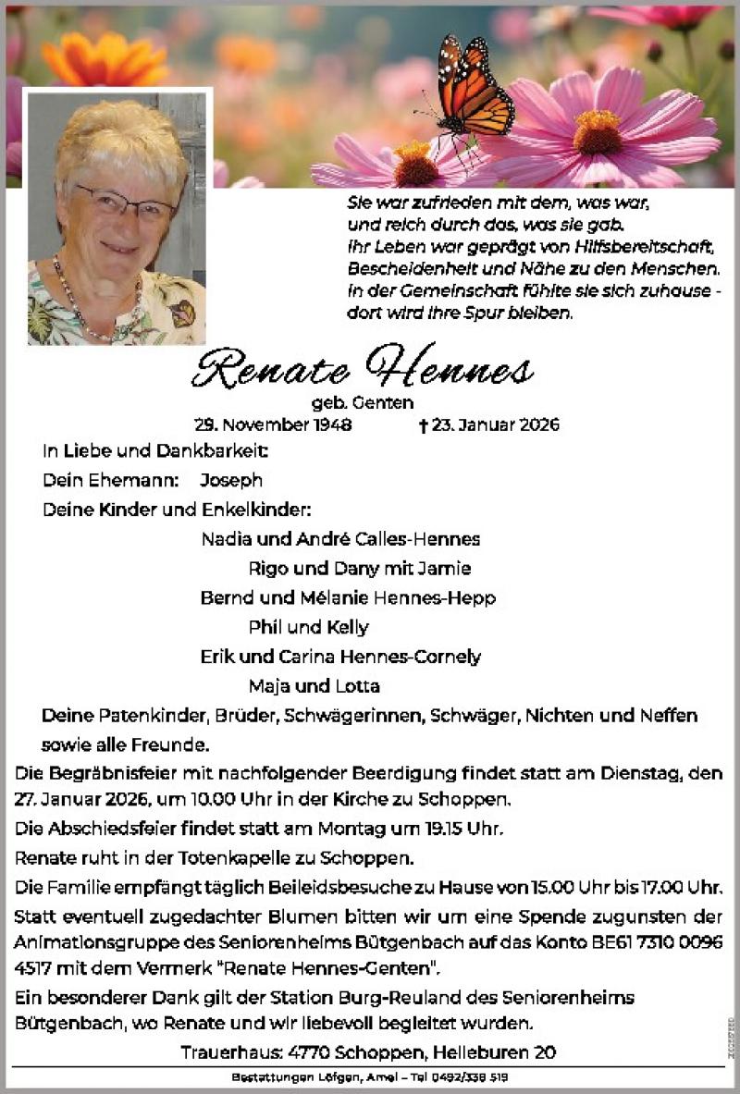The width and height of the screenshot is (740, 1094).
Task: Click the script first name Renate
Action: coord(270,369)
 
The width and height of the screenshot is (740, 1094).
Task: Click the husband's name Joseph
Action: coord(230,480)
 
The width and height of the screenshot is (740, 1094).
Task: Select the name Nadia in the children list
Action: coord(222,539)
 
